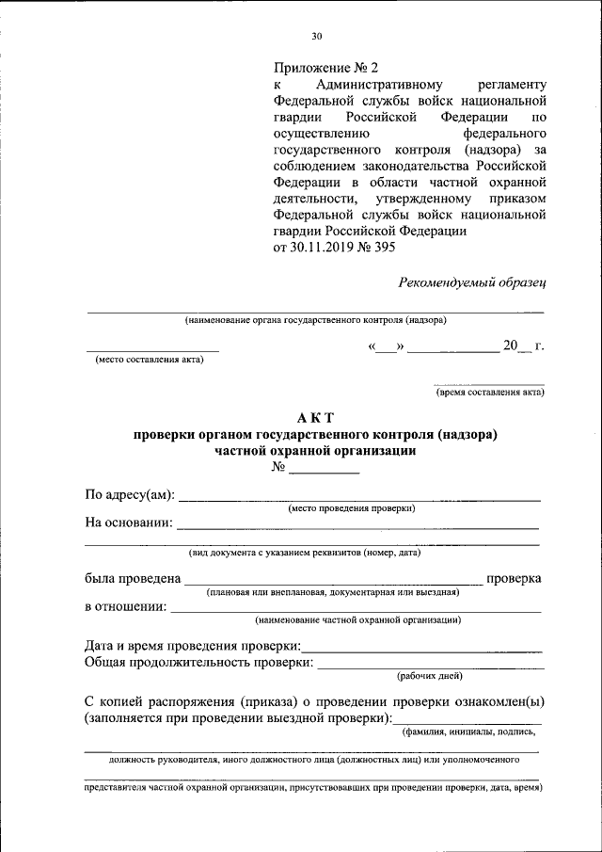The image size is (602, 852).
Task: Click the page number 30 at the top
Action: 316,37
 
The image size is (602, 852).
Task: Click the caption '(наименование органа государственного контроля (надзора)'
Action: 315,319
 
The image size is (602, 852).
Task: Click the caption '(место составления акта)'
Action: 150,360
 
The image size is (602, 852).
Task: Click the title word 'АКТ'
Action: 315,417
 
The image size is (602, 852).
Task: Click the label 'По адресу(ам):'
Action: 129,496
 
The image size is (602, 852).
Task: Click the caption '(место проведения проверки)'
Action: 352,508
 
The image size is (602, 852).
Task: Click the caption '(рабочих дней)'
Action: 429,675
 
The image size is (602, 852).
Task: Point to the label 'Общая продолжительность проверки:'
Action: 198,663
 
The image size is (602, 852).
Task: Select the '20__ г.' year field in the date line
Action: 523,346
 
